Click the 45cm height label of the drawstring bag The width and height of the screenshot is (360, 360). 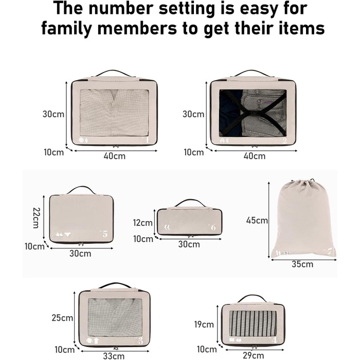[x=257, y=221]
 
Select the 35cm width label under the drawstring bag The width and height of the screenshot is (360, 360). [x=302, y=264]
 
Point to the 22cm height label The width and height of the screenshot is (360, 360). [x=37, y=218]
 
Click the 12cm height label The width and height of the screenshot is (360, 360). [x=142, y=223]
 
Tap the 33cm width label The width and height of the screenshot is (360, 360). [x=114, y=356]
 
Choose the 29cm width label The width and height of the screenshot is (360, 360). [x=254, y=355]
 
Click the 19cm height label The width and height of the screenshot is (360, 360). [x=204, y=325]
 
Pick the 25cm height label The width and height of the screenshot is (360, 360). [x=62, y=318]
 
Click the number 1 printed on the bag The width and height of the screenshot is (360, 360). [x=147, y=139]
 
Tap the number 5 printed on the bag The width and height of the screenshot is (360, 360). [x=105, y=234]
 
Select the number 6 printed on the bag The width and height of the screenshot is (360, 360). [x=213, y=227]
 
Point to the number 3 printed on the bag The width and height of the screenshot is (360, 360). [x=140, y=340]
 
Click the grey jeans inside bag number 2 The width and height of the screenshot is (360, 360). [x=263, y=113]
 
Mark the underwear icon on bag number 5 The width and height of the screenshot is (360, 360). [x=67, y=235]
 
